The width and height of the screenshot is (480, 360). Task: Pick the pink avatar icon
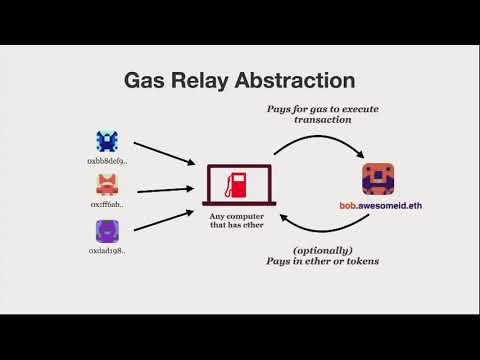point(107,184)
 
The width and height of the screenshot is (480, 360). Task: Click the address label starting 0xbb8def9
point(107,161)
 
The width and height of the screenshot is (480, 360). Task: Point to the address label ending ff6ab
point(107,204)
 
